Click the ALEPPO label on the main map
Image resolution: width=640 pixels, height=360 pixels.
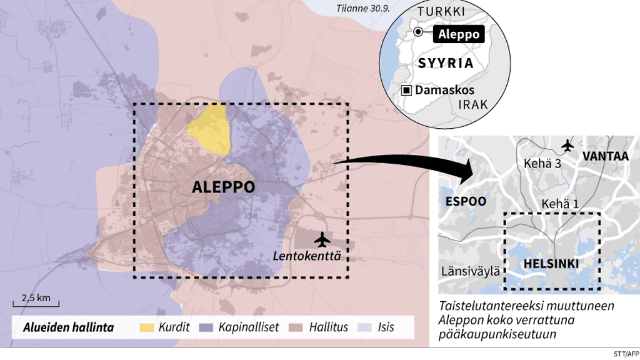point(223,187)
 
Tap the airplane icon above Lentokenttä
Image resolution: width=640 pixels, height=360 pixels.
point(322,239)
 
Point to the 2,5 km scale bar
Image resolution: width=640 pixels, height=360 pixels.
point(36,305)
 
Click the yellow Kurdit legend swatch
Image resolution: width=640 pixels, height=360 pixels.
point(147,327)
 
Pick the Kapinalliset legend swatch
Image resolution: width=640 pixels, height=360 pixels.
point(207,327)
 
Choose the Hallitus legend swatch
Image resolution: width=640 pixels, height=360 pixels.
point(297,327)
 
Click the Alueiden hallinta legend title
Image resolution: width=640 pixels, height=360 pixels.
point(68,327)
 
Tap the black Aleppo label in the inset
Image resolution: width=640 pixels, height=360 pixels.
point(459,34)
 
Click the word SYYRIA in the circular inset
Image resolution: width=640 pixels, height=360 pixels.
point(446,63)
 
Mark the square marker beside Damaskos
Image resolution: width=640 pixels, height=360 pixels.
point(406,90)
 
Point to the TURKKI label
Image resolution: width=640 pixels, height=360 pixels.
point(441,12)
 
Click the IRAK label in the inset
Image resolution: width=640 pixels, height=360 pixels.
point(472,104)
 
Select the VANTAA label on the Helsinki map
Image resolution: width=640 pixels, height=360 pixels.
point(605,156)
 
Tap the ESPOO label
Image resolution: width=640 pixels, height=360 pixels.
point(466,201)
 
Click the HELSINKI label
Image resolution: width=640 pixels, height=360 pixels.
point(551,264)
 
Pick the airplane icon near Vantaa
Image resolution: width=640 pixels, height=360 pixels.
point(567,145)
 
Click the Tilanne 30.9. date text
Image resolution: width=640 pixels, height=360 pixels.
point(362,8)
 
